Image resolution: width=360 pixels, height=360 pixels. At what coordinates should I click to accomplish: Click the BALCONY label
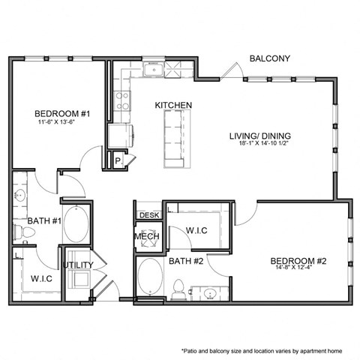(269, 58)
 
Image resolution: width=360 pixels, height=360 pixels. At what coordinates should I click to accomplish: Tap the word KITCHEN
(173, 105)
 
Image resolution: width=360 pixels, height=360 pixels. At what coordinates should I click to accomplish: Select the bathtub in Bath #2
(149, 279)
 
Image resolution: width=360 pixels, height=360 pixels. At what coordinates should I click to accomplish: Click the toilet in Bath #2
(179, 289)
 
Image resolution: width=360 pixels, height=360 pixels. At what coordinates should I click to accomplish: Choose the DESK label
(148, 215)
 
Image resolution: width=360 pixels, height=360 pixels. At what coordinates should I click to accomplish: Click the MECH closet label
(145, 238)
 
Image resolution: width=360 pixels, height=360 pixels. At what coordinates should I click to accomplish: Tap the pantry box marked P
(118, 160)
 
